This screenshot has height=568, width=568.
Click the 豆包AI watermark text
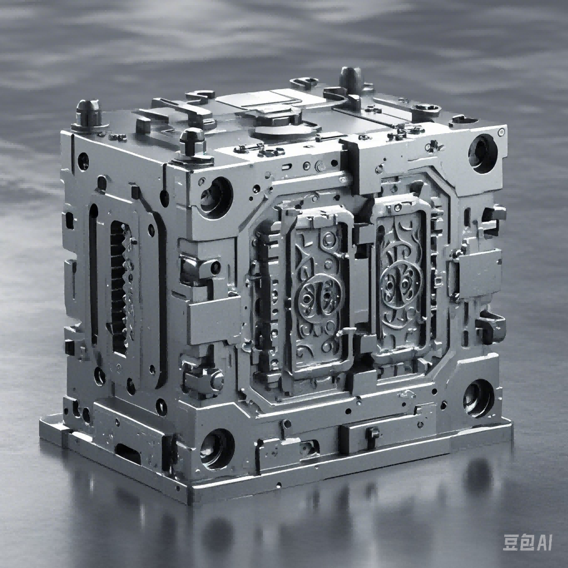(527, 542)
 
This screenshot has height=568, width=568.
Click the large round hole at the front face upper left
(215, 197)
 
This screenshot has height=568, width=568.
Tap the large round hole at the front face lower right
(478, 397)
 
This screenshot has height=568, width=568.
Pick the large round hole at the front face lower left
(217, 448)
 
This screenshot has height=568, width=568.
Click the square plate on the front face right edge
(478, 272)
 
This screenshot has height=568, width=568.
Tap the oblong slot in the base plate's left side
(128, 453)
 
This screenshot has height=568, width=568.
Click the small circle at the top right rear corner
(501, 132)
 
